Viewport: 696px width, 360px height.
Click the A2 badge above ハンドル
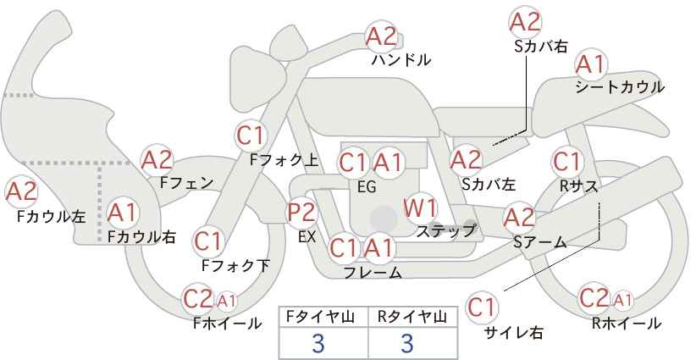click(382, 36)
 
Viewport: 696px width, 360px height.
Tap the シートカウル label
click(620, 87)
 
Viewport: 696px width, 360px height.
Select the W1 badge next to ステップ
click(420, 208)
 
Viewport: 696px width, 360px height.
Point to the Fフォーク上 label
click(284, 160)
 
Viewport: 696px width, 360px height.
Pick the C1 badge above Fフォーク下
click(208, 242)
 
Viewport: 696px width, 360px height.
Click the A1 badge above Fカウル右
click(123, 213)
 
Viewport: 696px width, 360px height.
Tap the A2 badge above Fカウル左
click(21, 192)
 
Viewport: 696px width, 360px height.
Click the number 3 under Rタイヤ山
click(407, 344)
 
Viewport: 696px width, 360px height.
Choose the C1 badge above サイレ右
click(482, 307)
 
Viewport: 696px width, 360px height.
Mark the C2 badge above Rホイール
click(594, 298)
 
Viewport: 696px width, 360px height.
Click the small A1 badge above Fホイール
click(226, 301)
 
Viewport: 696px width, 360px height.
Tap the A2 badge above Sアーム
click(519, 218)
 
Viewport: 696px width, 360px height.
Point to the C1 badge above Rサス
click(567, 162)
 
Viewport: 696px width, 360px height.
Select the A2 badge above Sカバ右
click(525, 22)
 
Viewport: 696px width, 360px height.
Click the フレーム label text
click(373, 272)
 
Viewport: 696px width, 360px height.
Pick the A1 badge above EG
click(388, 163)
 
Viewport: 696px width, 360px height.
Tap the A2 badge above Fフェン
click(157, 160)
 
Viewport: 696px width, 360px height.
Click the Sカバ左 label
click(489, 184)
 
